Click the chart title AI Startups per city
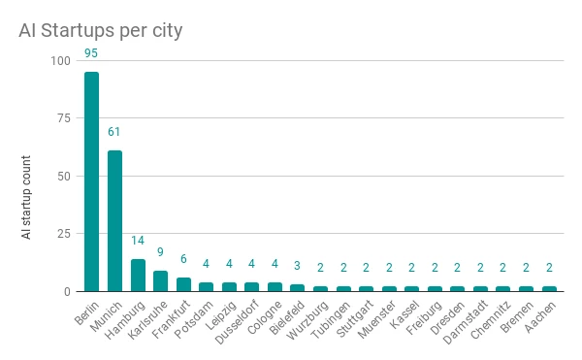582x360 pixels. coord(101,30)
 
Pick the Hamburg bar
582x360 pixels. coord(138,275)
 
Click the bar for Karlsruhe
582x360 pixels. coord(160,280)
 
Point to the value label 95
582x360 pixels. coord(92,52)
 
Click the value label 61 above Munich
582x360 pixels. coord(114,131)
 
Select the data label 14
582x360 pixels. coord(138,240)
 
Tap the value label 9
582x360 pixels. coord(160,251)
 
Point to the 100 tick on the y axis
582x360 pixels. coord(60,60)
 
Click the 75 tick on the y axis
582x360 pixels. coord(63,118)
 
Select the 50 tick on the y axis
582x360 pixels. coord(63,176)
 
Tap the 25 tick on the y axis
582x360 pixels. coord(63,234)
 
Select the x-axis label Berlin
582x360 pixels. coord(84,313)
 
